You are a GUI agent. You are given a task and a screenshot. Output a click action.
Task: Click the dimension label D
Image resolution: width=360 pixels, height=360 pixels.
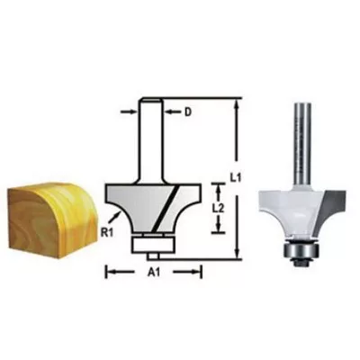(x=188, y=112)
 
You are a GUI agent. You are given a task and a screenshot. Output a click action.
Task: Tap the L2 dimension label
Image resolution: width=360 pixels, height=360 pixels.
(x=220, y=209)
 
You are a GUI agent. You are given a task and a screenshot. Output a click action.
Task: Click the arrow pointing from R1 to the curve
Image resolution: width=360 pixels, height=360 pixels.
(x=115, y=217)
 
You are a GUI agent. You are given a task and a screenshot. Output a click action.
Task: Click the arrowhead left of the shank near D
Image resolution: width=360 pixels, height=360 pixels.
(x=133, y=112)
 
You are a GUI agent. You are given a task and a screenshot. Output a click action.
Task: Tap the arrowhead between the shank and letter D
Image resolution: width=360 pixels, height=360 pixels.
(x=169, y=112)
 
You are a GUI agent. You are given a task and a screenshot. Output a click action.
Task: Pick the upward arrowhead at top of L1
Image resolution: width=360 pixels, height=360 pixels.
(x=237, y=104)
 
